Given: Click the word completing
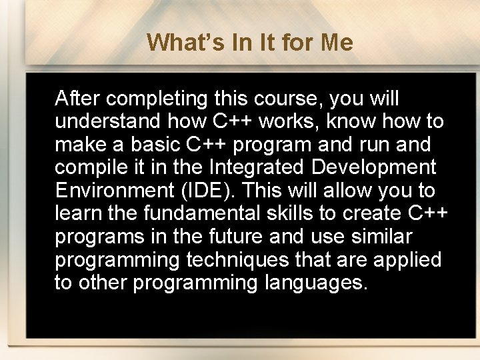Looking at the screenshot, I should click(157, 99).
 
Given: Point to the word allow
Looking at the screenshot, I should click(346, 191).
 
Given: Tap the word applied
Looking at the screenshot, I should click(407, 259).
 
